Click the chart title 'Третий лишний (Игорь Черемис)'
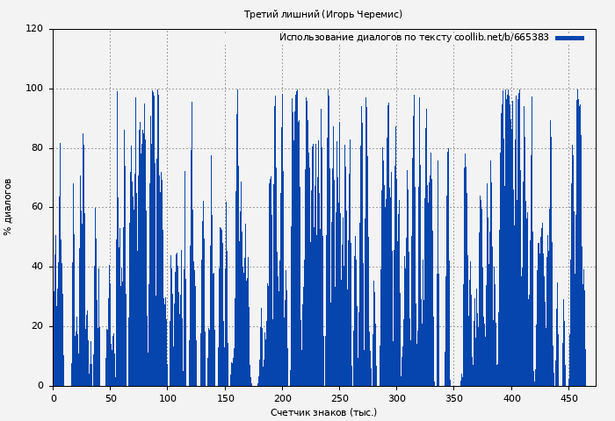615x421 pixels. tap(323, 14)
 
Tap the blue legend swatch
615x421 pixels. tap(569, 38)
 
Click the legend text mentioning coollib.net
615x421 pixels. tap(414, 38)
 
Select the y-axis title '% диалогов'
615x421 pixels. tap(8, 207)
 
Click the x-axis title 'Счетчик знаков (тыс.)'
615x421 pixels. tap(323, 412)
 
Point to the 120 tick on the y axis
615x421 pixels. tap(35, 29)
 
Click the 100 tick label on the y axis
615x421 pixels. tap(35, 89)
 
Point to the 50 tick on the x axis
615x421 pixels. tap(111, 398)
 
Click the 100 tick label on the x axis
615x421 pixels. tap(168, 398)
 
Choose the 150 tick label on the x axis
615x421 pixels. tap(225, 398)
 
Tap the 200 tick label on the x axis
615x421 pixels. tap(282, 398)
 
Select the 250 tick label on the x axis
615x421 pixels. tap(340, 398)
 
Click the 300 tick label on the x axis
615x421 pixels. tap(397, 398)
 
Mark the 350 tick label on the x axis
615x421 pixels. tap(454, 398)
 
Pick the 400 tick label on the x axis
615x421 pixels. tap(511, 398)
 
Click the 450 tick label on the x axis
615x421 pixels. tap(569, 398)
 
